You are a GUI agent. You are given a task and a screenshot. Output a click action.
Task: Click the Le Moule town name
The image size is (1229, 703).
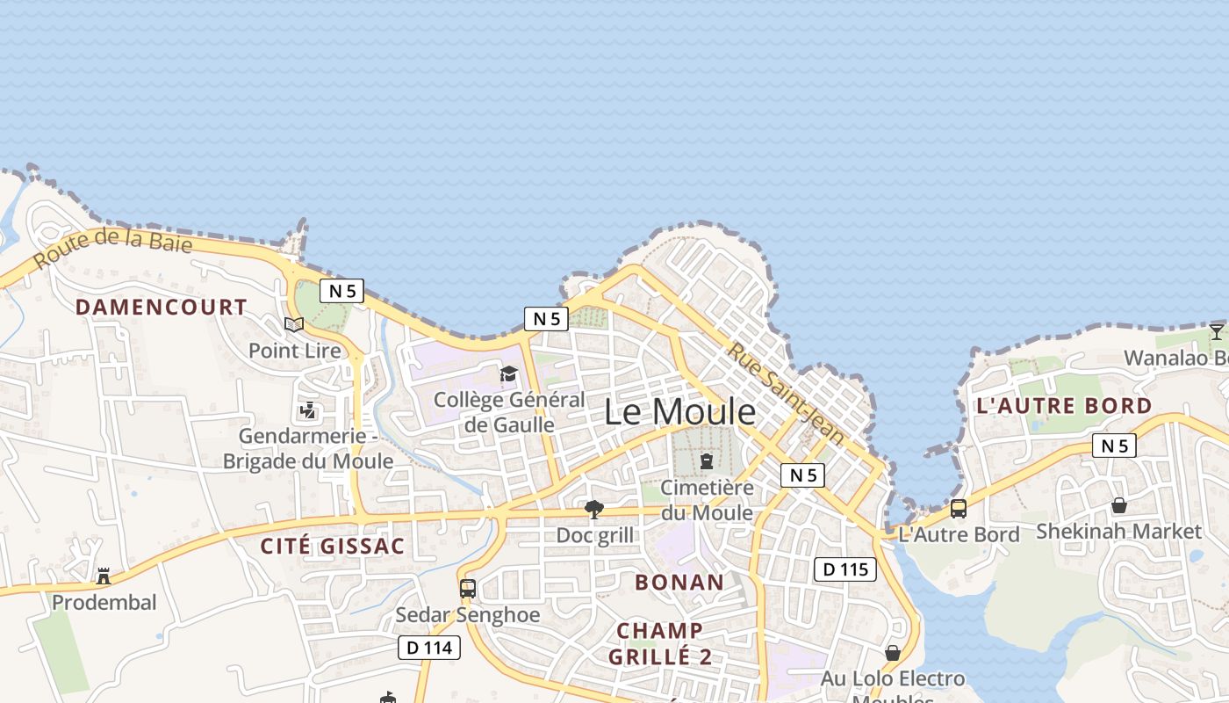(680, 411)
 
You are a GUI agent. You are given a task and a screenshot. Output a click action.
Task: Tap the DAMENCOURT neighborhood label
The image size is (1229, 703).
(161, 307)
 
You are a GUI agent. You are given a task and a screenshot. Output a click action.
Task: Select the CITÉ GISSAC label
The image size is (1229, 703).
(333, 546)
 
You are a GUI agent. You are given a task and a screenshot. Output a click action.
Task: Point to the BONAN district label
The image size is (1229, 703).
(679, 582)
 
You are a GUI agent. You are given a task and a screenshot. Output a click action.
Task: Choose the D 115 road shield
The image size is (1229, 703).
(845, 569)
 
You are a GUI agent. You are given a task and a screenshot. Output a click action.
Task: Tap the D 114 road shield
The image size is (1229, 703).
(429, 648)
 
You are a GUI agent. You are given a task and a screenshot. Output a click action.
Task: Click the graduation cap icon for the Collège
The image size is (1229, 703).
(508, 374)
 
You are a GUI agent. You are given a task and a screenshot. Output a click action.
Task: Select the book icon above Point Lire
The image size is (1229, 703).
(294, 324)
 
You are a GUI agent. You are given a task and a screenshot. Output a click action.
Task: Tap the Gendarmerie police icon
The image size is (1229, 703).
(307, 409)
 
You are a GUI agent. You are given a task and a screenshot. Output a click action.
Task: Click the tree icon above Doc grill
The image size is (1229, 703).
(594, 510)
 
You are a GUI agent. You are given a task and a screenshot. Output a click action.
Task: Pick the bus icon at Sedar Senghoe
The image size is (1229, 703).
(468, 588)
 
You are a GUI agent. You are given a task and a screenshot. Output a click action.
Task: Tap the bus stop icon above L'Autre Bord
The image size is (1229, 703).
(959, 508)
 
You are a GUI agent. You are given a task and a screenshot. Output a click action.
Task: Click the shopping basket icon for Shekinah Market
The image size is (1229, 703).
(1119, 505)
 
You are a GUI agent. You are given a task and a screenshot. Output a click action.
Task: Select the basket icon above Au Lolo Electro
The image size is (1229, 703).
(893, 653)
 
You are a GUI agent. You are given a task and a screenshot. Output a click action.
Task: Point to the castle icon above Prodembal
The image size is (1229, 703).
(104, 576)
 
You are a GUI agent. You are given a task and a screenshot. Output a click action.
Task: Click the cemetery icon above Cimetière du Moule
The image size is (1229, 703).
(707, 461)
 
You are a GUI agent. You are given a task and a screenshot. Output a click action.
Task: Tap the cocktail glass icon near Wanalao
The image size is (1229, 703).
(1216, 331)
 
